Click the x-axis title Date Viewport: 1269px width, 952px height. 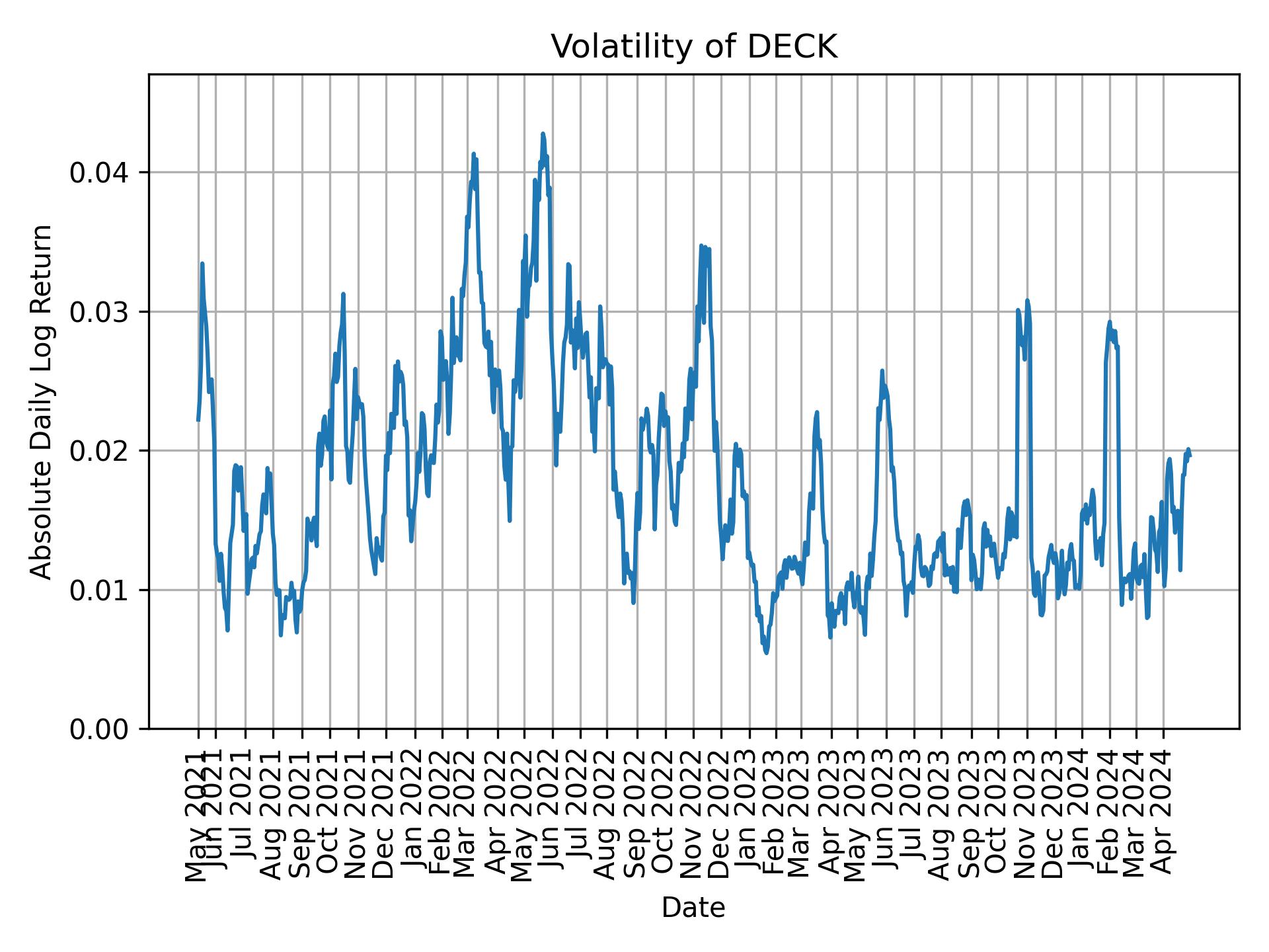(693, 908)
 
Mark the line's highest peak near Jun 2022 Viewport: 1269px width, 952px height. (543, 134)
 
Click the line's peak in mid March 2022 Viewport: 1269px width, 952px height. (473, 154)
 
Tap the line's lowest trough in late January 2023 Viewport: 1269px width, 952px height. (766, 653)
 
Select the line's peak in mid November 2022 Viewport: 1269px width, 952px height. (701, 246)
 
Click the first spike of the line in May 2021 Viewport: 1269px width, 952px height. (202, 263)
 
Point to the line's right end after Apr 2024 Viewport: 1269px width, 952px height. (1190, 455)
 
